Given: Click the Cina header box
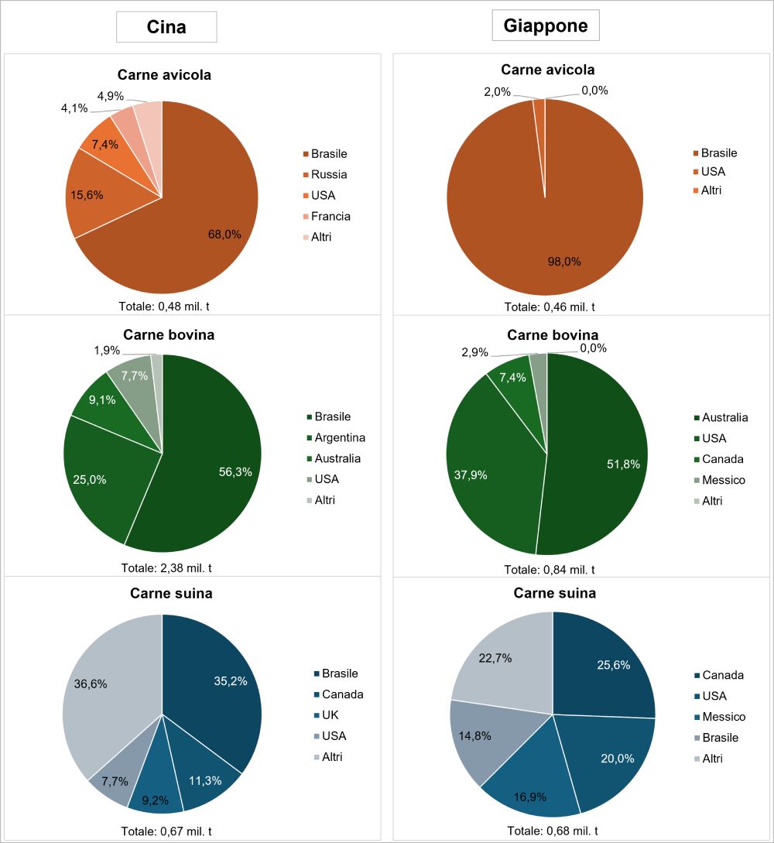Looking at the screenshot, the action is coord(166,27).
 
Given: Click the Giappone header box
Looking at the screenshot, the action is coord(546,26).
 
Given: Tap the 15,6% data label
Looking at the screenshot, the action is coord(87,195).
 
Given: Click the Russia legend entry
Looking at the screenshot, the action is coord(325,174).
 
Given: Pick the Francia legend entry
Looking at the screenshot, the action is coord(327,216).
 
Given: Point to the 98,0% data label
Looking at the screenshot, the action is coord(564,262).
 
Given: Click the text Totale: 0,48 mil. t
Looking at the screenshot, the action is coord(164,307).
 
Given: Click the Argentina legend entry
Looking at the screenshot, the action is coord(336,437).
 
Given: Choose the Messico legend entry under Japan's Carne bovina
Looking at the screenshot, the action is coord(720,480).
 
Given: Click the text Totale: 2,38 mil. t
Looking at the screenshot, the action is coord(166,568).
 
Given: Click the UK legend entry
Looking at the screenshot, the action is coord(327,715).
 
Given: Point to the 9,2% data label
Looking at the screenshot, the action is coord(156,800).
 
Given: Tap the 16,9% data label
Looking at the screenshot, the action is coord(530,797).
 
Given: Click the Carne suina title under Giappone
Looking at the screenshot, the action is coord(555,593).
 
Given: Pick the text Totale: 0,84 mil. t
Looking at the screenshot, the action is coord(550,570).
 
